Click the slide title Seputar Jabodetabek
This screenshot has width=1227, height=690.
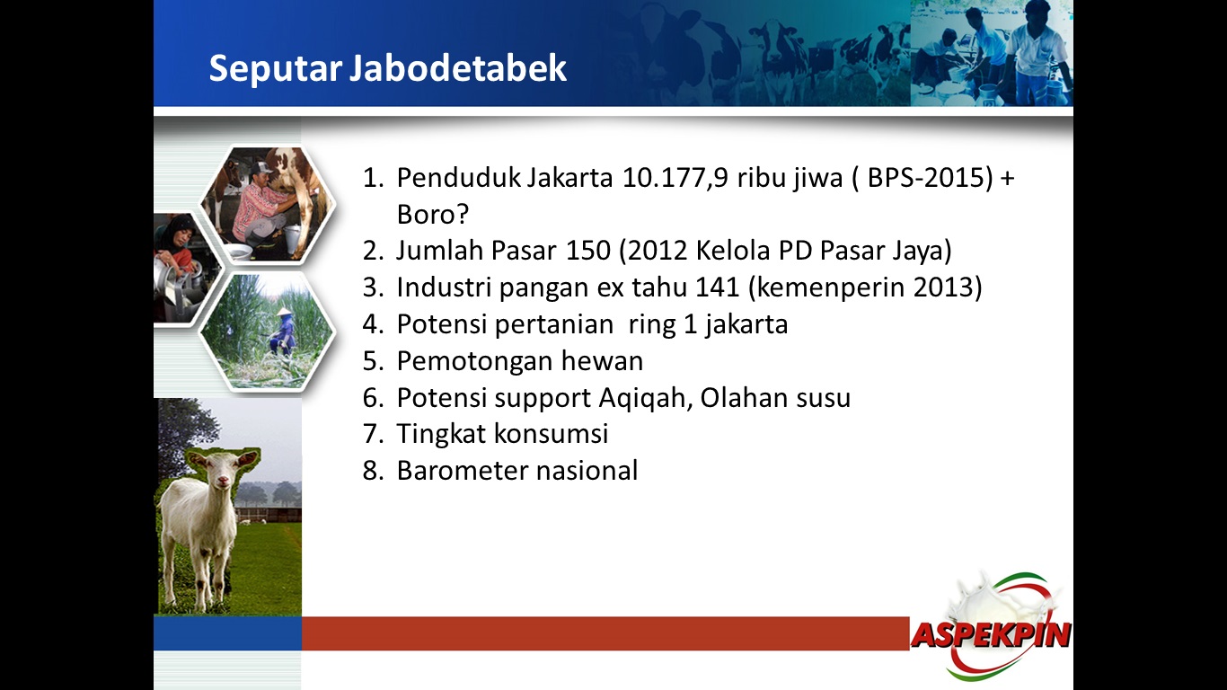click(387, 69)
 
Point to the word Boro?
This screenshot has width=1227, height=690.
click(434, 215)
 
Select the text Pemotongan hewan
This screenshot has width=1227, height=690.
click(519, 361)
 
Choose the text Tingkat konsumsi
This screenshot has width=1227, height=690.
click(502, 434)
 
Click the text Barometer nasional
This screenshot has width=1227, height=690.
click(516, 471)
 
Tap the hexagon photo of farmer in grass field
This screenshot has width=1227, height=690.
click(267, 331)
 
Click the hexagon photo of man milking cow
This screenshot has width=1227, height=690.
click(268, 205)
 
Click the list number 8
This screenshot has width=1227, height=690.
click(373, 471)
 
